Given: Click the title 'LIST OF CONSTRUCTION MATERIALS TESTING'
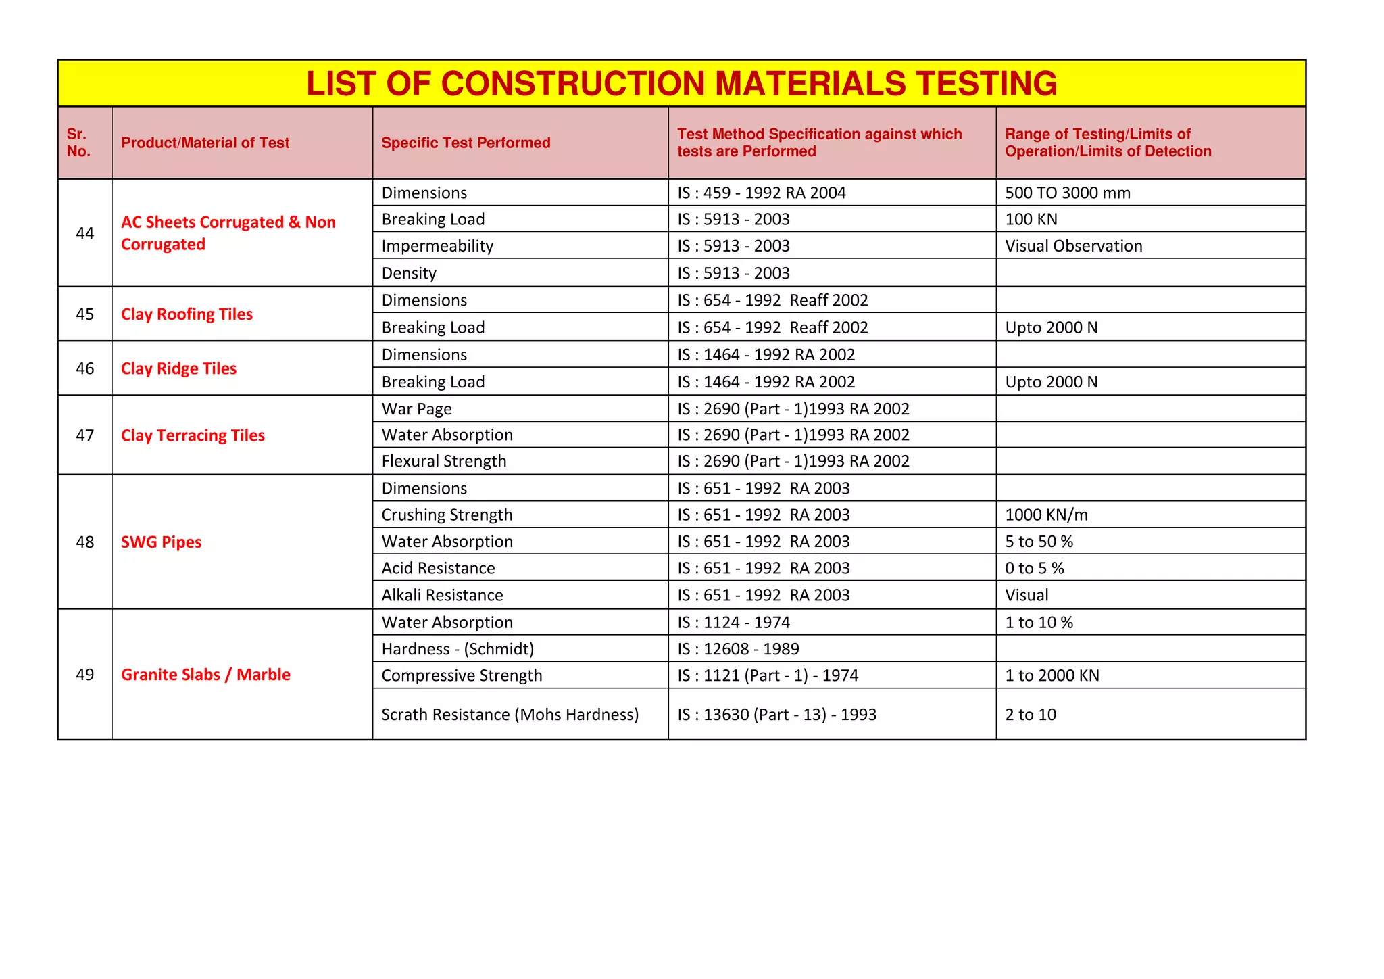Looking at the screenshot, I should click(681, 84).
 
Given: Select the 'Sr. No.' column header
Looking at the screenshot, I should click(78, 143).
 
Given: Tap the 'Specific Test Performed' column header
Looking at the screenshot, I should click(466, 143).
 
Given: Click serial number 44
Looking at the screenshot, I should click(85, 233).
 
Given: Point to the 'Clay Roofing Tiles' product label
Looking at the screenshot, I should click(187, 314).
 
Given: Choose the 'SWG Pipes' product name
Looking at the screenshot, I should click(161, 542).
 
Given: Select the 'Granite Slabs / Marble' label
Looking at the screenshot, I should click(205, 675).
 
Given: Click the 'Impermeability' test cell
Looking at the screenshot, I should click(437, 246).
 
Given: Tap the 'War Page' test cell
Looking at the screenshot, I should click(416, 409).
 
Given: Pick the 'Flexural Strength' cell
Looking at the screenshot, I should click(443, 461).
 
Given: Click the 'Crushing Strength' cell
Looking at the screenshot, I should click(447, 515).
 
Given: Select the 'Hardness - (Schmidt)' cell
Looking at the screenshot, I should click(458, 649).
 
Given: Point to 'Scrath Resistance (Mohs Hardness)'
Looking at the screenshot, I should click(510, 715).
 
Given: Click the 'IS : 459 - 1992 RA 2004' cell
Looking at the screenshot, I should click(762, 193).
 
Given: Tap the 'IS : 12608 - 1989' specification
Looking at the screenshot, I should click(738, 649).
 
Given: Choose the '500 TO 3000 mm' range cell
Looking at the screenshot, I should click(1067, 193).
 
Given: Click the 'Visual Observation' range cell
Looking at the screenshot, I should click(1073, 246).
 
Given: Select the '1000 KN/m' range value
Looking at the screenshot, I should click(1046, 515).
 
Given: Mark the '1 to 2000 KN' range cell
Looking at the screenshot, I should click(1052, 675).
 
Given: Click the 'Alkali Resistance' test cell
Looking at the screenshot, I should click(442, 595).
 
